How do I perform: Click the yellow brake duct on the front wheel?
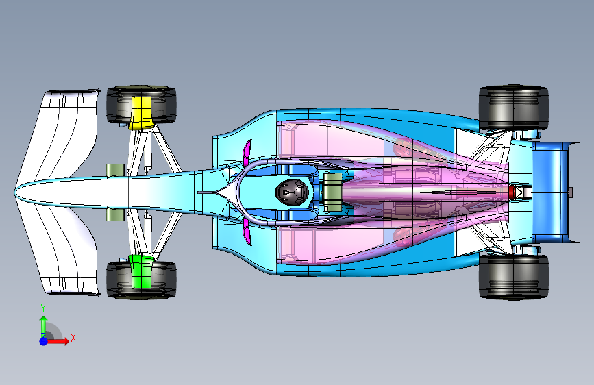pos(140,112)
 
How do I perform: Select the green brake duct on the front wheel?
pos(141,272)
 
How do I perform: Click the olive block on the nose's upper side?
pos(115,170)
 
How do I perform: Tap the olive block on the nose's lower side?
pos(115,215)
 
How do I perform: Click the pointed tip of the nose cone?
pos(17,192)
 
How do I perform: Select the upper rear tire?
pos(513,108)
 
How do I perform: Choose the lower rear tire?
pos(513,277)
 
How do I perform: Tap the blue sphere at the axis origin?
pos(43,340)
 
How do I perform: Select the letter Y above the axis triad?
pos(43,308)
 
